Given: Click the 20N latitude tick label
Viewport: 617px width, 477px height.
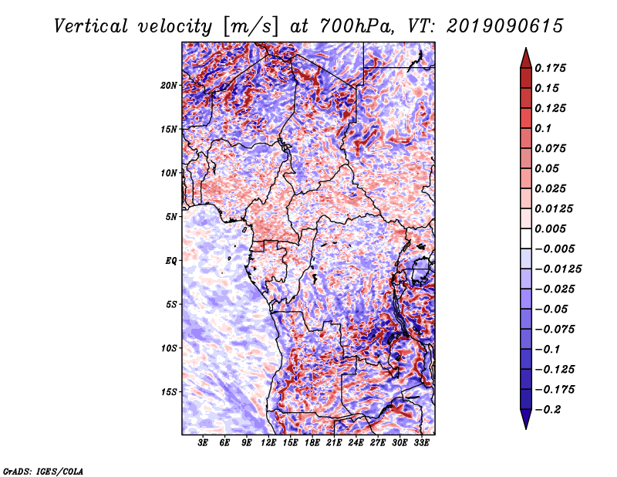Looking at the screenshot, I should [169, 85].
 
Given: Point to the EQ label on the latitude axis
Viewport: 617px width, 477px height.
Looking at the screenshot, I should [171, 260].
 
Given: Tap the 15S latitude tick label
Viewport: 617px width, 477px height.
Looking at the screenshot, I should [169, 391].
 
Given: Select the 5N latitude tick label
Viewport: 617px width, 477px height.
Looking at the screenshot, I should [171, 216].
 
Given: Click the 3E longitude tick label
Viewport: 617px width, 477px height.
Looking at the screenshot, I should [204, 443].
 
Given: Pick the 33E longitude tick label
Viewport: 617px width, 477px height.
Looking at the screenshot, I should [421, 443].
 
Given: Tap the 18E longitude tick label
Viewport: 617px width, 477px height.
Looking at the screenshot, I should [312, 443].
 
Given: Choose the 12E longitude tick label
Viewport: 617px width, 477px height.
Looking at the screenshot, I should [269, 443].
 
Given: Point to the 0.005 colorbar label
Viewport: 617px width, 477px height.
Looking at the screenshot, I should [552, 228].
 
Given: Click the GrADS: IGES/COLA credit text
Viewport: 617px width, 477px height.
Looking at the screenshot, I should [43, 469].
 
